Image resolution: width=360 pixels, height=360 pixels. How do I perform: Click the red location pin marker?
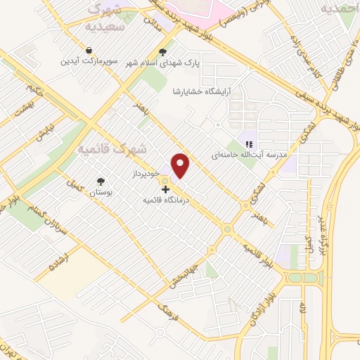click(x=181, y=165)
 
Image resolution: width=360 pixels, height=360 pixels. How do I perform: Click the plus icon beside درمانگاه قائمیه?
click(x=165, y=189)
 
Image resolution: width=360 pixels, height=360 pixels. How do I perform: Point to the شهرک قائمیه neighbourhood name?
click(x=112, y=149)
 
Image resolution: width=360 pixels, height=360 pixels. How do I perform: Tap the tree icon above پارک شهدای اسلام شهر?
click(x=163, y=51)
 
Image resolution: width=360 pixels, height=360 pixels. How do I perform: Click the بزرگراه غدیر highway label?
click(x=324, y=218)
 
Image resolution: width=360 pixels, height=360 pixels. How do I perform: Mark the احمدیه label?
click(x=335, y=8)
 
